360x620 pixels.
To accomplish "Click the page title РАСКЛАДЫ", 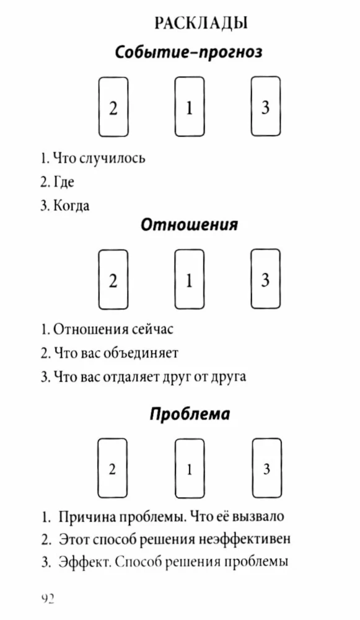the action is [201, 24].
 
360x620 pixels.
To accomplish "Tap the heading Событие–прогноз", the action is [189, 52].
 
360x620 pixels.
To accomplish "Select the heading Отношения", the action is [189, 224].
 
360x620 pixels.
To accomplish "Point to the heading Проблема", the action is [190, 414].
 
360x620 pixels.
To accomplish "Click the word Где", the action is [63, 182].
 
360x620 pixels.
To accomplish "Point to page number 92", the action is [48, 599].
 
